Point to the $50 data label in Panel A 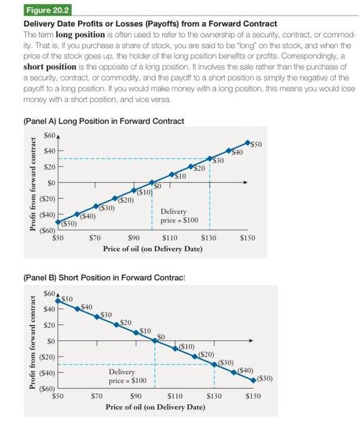click(258, 144)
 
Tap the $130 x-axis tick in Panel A click(208, 239)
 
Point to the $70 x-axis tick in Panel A click(95, 239)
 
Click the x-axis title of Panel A click(152, 249)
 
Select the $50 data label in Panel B click(66, 299)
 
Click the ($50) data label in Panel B click(265, 378)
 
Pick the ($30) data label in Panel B click(227, 362)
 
